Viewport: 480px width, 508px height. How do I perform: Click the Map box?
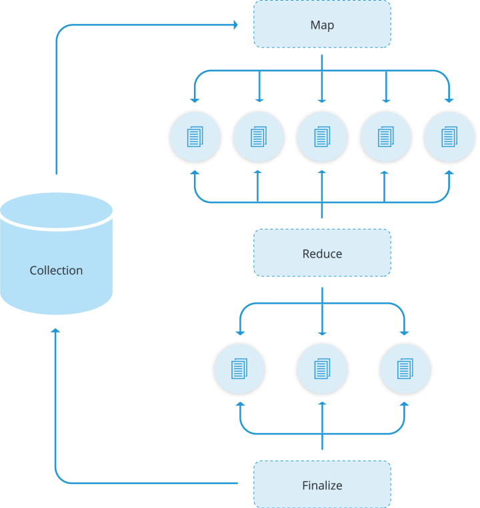point(322,25)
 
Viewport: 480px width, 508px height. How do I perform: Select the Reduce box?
point(322,253)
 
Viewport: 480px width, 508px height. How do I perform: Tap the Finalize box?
point(322,485)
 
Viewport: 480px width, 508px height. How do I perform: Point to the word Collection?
point(56,270)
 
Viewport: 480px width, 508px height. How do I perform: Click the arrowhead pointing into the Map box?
point(234,25)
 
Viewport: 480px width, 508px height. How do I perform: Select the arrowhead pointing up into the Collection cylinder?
point(56,331)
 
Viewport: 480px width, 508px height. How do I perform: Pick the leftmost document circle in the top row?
point(194,137)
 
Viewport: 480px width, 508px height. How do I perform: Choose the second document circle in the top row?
point(258,137)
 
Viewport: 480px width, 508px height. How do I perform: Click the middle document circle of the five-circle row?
point(322,137)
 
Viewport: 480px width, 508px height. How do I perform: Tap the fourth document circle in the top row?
point(385,137)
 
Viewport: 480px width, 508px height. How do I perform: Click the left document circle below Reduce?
point(239,368)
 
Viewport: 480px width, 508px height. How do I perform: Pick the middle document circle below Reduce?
point(322,368)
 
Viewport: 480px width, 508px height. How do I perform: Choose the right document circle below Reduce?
point(405,368)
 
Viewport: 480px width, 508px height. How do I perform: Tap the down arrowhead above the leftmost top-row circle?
point(194,99)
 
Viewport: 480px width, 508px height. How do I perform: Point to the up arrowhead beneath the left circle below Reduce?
point(239,405)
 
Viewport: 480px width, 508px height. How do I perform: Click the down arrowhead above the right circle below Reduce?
point(405,332)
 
